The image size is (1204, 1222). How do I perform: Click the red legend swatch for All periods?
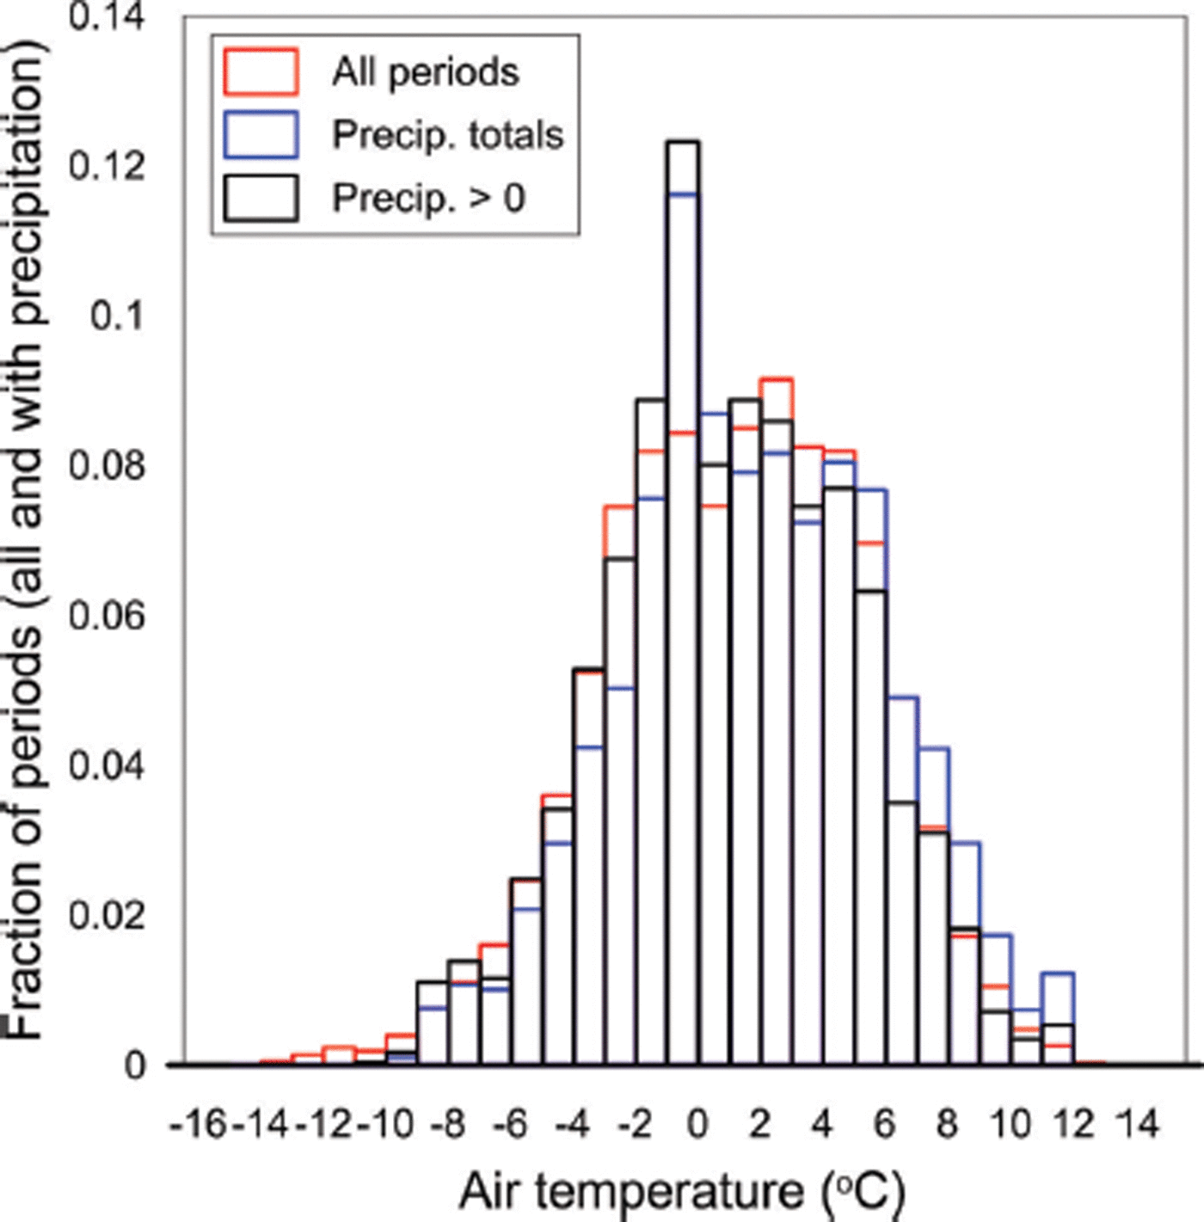tap(261, 71)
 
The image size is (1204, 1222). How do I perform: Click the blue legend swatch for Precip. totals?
tap(261, 135)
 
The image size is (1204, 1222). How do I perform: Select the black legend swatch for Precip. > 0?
tap(261, 199)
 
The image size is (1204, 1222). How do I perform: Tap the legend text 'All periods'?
tap(426, 71)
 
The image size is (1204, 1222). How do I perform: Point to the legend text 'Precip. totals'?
tap(448, 135)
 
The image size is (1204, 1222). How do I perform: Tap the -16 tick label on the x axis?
tap(200, 1124)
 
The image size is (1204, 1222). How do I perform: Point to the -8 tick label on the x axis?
tap(449, 1124)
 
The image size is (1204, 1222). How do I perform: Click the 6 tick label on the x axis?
tap(885, 1124)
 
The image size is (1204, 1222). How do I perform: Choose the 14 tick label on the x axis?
tap(1136, 1124)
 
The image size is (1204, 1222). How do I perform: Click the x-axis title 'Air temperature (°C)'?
tap(682, 1192)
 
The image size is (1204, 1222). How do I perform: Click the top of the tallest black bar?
tap(684, 143)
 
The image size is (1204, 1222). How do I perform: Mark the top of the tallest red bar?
tap(776, 379)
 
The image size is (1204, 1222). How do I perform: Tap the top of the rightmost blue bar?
tap(1058, 973)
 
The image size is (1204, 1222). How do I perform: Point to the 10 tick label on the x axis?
tap(1010, 1124)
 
